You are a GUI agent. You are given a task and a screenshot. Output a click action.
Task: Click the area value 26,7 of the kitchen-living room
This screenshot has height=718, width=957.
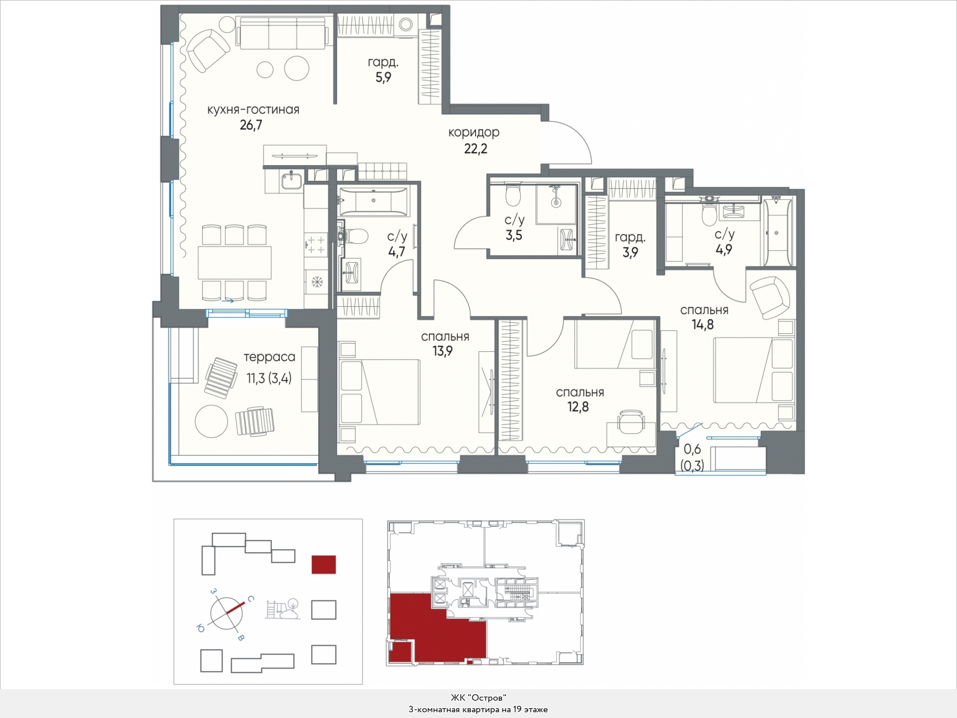[x=251, y=125]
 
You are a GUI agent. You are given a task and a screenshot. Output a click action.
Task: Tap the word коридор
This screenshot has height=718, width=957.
[x=473, y=133]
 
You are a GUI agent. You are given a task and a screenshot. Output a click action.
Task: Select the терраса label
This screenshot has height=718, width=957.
[x=270, y=357]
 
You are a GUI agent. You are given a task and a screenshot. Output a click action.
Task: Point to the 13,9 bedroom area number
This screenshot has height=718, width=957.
[x=443, y=351]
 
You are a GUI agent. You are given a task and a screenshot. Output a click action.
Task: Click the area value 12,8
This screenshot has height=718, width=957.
[x=578, y=407]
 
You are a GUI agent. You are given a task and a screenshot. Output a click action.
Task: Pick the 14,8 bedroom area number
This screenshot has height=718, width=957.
[x=702, y=325]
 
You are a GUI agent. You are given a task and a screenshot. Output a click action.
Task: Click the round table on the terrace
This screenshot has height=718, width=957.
[x=211, y=421]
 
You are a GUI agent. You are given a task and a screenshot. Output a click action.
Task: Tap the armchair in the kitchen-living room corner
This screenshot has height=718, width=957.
[x=208, y=50]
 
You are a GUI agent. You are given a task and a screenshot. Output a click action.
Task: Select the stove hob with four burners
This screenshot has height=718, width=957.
[x=316, y=244]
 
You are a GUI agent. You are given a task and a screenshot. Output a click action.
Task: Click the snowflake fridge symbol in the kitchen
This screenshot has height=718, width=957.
[x=316, y=281]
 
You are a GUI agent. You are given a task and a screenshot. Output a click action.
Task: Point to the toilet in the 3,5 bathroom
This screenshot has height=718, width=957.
[x=513, y=195]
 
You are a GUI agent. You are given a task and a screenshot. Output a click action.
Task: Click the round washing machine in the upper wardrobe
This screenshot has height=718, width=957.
[x=406, y=24]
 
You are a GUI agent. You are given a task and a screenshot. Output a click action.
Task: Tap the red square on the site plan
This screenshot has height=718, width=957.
[x=323, y=564]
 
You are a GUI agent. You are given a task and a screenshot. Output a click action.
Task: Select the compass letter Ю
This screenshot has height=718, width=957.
[x=200, y=628]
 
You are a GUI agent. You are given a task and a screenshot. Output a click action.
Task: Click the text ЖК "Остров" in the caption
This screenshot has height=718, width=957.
[x=478, y=698]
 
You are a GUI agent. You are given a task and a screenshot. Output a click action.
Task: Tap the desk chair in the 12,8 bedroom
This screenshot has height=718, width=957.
[x=630, y=421]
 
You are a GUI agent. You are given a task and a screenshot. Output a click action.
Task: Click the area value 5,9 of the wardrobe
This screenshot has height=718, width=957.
[x=383, y=77]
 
